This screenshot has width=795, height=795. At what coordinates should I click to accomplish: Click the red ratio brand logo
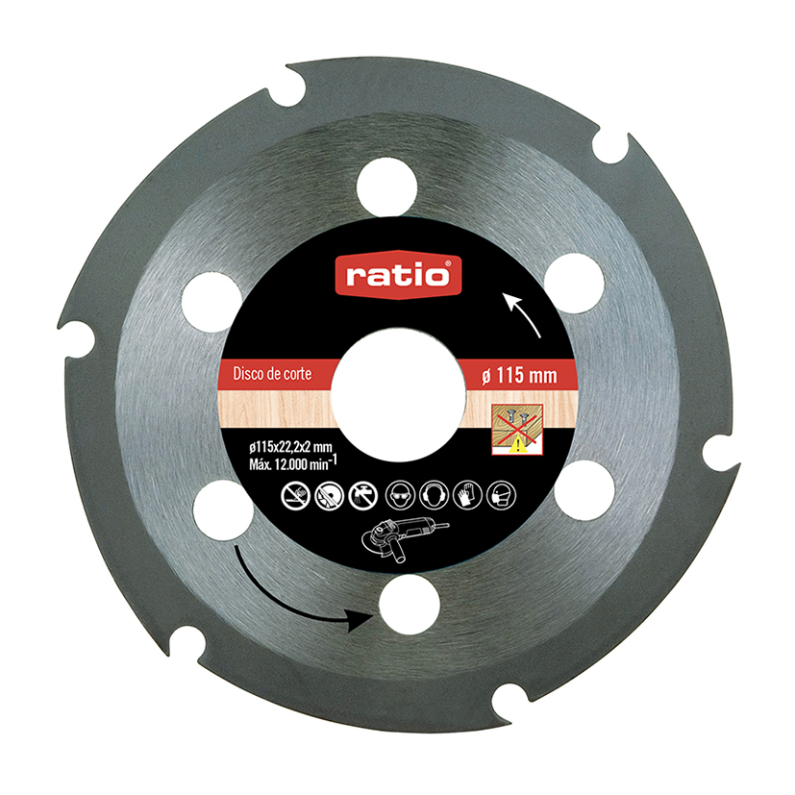click(398, 276)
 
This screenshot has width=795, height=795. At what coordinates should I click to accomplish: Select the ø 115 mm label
click(517, 373)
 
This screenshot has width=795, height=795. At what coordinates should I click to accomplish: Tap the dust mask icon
click(497, 495)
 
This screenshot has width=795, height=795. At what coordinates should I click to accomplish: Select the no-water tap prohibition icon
click(363, 495)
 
